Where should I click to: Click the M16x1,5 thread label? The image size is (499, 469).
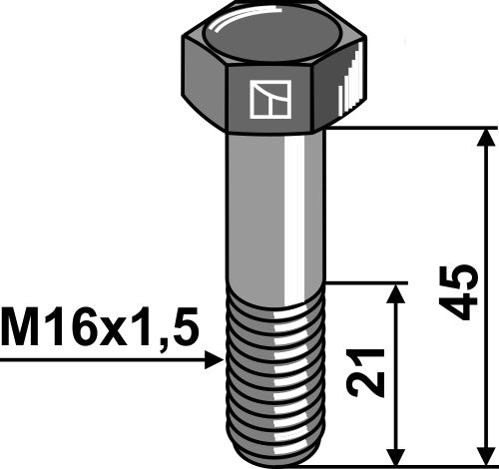click(x=100, y=326)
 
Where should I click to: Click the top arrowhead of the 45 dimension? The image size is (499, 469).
click(x=486, y=138)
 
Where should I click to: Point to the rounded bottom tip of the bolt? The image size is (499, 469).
click(x=274, y=451)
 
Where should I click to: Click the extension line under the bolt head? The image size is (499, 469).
click(x=409, y=128)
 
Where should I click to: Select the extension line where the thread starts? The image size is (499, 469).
click(x=369, y=282)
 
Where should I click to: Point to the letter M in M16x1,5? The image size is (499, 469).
click(x=20, y=326)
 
